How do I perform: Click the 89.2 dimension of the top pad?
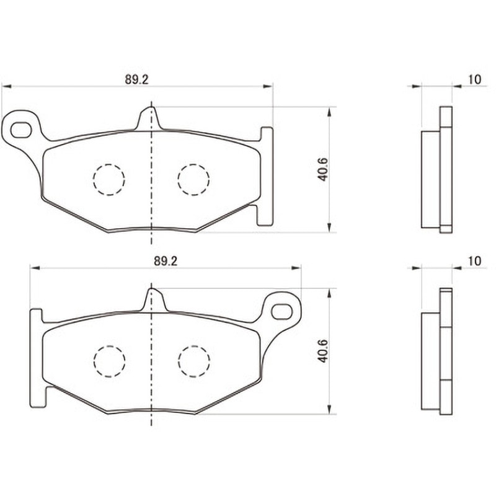point(136,79)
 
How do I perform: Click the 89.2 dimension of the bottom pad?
point(166,261)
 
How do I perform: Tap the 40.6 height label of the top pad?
point(323,169)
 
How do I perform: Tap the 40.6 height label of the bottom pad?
point(323,351)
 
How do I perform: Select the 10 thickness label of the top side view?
point(474,79)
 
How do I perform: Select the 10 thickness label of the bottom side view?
point(474,261)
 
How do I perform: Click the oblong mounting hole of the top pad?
point(21,130)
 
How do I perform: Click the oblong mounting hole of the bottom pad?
point(282,312)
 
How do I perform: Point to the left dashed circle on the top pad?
point(109,180)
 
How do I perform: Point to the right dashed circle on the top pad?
point(193,180)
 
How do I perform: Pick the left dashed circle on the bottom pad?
point(109,361)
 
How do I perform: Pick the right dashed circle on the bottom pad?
point(193,361)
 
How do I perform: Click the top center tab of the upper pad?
point(151,118)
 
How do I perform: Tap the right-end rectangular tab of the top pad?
point(266,176)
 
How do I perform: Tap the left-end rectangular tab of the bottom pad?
point(37,358)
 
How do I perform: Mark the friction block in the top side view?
point(430,179)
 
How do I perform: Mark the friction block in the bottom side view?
point(430,361)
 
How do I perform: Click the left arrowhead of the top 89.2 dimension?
point(6,86)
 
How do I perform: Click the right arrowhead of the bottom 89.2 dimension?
point(296,268)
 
